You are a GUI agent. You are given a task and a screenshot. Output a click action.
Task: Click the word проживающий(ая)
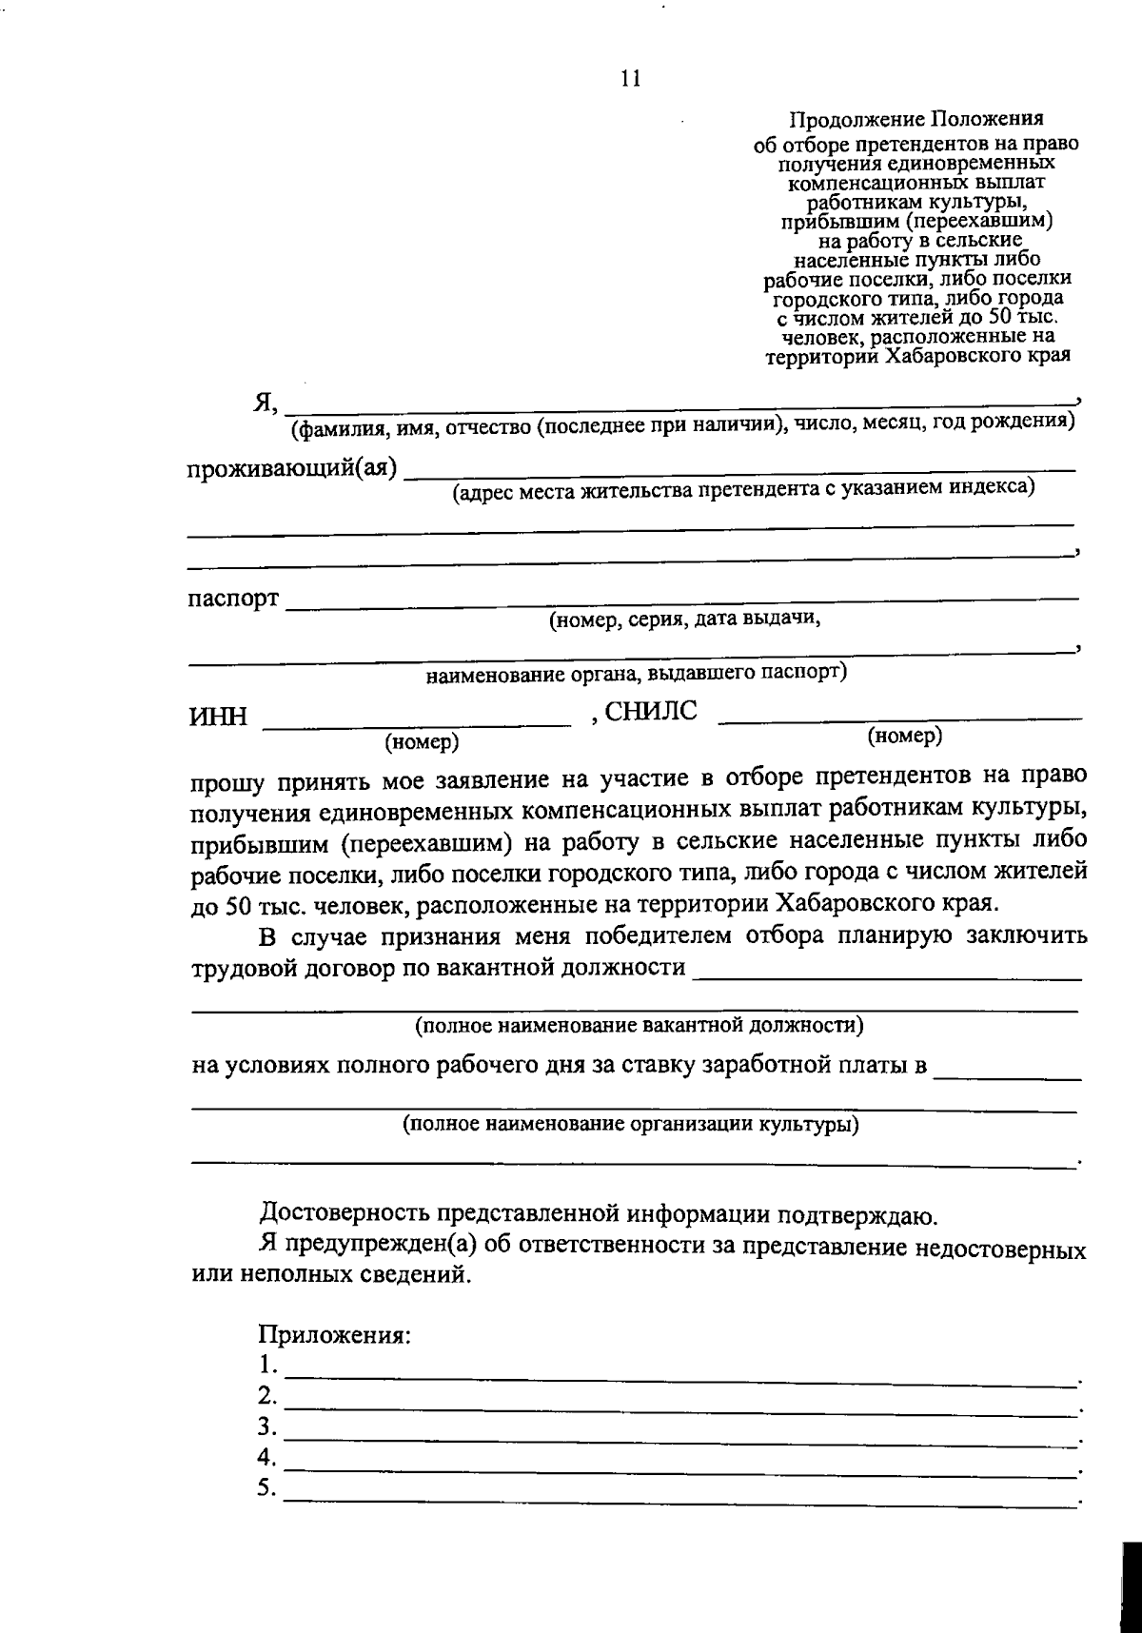(291, 470)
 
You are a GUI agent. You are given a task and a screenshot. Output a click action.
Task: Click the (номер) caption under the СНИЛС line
(904, 736)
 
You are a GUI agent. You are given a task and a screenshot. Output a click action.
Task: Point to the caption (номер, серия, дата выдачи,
(683, 620)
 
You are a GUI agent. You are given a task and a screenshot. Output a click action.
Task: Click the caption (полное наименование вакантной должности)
(639, 1026)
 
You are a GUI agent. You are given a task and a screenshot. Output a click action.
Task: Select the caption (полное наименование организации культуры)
(630, 1124)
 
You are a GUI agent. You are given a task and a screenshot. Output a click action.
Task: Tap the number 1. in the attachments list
(267, 1366)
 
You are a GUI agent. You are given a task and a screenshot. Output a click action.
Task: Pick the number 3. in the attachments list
(267, 1426)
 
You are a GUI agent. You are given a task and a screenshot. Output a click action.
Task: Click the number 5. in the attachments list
(267, 1487)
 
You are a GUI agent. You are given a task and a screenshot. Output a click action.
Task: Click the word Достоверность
(345, 1215)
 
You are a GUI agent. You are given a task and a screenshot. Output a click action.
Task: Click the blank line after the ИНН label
(417, 725)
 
